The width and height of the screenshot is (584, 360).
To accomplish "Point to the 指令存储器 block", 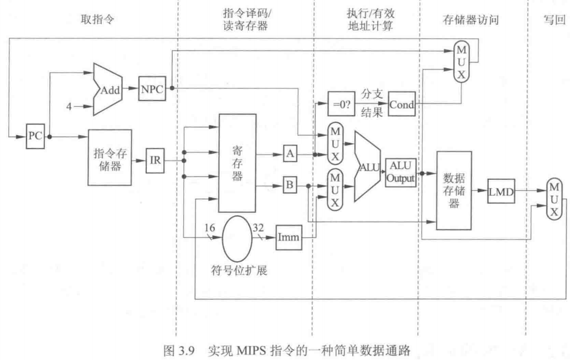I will tap(110, 157).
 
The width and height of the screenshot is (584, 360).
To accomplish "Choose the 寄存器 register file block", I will tap(237, 163).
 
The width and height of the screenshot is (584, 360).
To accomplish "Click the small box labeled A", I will tap(290, 154).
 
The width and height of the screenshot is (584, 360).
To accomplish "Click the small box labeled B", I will tap(290, 185).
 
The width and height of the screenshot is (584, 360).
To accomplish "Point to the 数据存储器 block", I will tap(454, 190).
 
